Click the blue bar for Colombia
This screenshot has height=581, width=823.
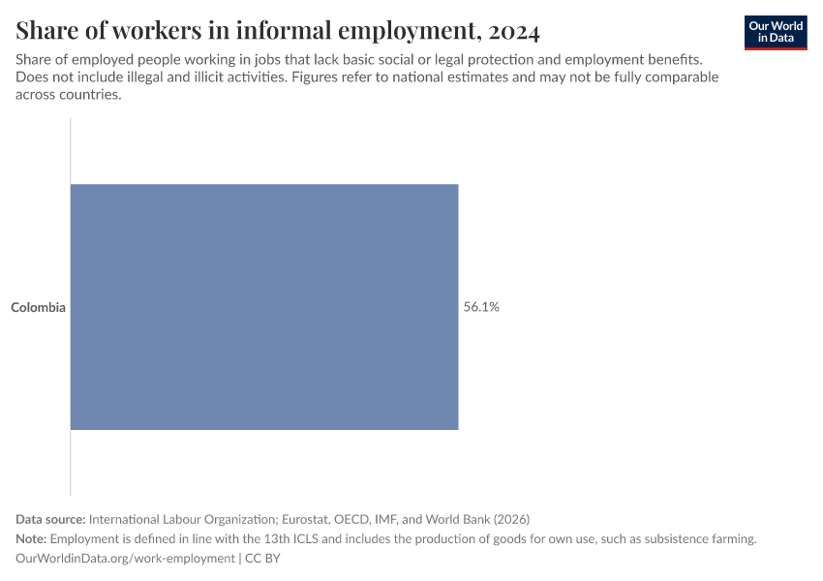[264, 307]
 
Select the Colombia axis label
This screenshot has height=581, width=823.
[38, 308]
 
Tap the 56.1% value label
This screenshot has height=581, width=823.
[481, 307]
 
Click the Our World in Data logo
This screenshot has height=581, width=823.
[776, 32]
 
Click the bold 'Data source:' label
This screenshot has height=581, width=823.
[50, 519]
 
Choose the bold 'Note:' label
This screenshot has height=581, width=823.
[31, 539]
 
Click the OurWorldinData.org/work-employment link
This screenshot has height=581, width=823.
[126, 559]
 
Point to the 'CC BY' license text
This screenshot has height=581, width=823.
[261, 559]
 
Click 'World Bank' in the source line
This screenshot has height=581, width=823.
[459, 519]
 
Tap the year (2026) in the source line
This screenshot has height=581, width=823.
[512, 519]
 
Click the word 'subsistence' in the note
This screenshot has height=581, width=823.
[674, 539]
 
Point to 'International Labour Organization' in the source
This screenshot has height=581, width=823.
[185, 519]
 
